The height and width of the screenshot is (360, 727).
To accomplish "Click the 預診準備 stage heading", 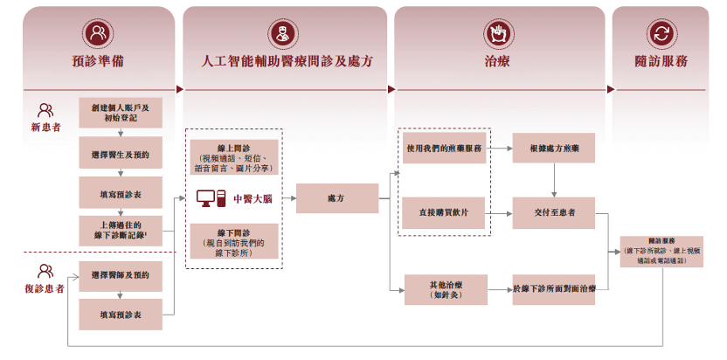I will click(x=98, y=62).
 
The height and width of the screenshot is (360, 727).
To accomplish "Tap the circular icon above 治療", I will click(x=497, y=34).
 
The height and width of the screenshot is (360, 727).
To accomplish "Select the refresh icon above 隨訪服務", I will click(x=661, y=34).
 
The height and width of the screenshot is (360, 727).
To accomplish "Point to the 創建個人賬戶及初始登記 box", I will click(x=120, y=114).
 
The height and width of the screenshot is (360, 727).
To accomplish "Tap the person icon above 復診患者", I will click(x=45, y=272).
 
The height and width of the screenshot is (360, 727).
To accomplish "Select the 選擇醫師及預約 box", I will click(x=120, y=275).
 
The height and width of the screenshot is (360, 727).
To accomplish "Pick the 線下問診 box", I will click(x=233, y=240).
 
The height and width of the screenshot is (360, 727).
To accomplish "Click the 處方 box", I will click(x=336, y=198).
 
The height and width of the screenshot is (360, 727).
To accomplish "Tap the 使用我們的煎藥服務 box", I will click(x=444, y=149).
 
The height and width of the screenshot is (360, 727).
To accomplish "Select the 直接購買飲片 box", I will click(x=444, y=213).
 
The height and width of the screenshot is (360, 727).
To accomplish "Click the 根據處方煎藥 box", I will click(x=554, y=149).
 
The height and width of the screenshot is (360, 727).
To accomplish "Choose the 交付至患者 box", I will click(x=554, y=213).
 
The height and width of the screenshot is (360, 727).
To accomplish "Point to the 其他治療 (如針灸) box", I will click(x=445, y=289).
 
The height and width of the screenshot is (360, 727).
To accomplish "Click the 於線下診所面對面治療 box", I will click(x=554, y=289).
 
